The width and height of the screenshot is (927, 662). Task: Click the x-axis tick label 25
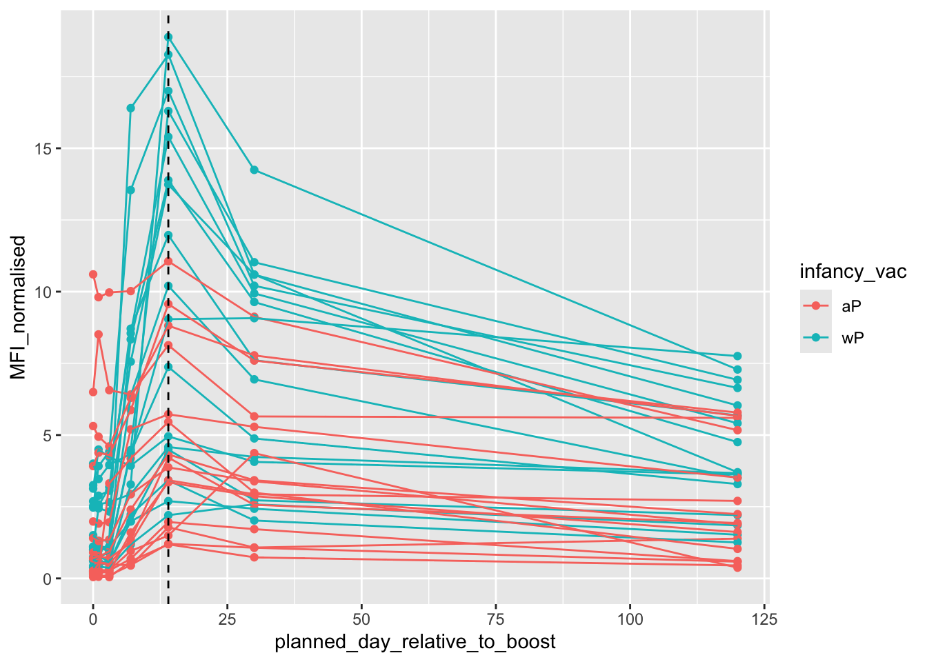[x=227, y=619]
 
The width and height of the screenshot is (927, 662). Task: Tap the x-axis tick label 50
[x=361, y=619]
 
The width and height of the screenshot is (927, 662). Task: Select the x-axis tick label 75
[x=495, y=619]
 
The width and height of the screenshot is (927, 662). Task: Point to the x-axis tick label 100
[x=630, y=619]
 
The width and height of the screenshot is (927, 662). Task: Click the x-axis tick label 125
[x=764, y=619]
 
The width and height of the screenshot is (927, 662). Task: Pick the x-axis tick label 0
[x=93, y=619]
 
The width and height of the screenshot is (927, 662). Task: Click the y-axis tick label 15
[x=43, y=149]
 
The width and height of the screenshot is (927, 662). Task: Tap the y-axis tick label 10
[x=43, y=292]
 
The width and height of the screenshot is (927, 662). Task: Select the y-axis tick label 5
[x=47, y=436]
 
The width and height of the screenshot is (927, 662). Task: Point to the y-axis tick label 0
[x=47, y=579]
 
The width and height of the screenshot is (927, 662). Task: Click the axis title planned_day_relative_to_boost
[x=415, y=642]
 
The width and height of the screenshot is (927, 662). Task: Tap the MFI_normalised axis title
[x=19, y=307]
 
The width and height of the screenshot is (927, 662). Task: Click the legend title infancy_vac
[x=853, y=272]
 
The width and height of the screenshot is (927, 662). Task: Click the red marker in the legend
[x=816, y=306]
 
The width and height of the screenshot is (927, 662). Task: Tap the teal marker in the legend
[x=816, y=338]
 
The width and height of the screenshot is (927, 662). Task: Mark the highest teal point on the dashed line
[x=168, y=37]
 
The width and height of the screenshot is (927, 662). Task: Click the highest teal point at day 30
[x=254, y=170]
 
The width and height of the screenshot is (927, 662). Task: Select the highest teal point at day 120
[x=737, y=356]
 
